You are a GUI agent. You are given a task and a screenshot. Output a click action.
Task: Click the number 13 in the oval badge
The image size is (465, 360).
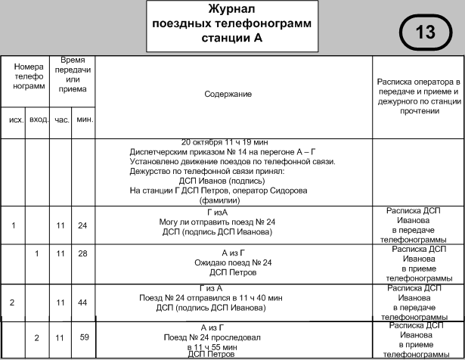426,32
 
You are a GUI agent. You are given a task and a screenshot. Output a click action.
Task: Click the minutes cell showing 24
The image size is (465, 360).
83,225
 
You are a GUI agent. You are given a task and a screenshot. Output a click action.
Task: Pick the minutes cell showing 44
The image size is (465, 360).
83,302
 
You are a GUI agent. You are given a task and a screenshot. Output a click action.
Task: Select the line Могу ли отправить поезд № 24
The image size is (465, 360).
233,222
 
